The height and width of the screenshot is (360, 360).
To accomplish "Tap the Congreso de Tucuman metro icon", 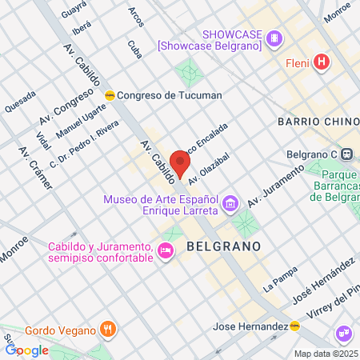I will (x=110, y=95).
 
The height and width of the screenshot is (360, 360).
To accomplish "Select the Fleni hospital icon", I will (x=321, y=62).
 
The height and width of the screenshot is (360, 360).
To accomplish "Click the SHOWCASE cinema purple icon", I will (x=275, y=38).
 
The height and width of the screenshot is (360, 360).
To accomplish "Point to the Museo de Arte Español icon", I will (x=230, y=204).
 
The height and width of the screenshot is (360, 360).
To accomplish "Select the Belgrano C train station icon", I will (x=347, y=155).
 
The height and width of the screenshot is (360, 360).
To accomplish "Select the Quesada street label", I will (x=20, y=100).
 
